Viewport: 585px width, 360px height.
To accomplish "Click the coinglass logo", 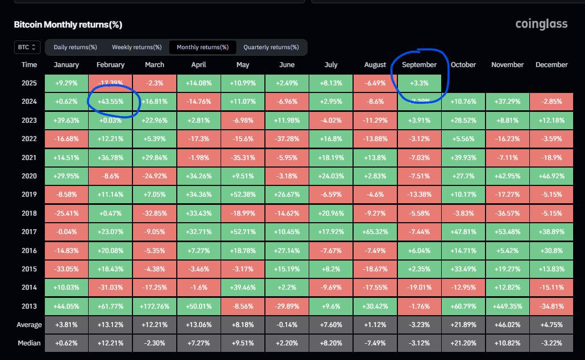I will coord(541,24).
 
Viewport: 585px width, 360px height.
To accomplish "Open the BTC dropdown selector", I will coord(26,48).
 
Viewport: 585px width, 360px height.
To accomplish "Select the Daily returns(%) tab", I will coord(75,47).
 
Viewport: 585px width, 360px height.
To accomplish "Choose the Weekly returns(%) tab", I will coord(136,47).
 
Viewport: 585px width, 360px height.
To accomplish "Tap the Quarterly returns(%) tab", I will coord(271,47).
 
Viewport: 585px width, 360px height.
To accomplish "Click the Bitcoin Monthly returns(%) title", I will coord(68,25).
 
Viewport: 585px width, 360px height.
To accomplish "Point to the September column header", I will coord(419,64).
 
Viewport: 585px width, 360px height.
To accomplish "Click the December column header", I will coord(551,64).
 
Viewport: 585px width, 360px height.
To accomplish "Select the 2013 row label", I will coord(29,306).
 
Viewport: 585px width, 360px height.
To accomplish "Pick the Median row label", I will coord(29,343).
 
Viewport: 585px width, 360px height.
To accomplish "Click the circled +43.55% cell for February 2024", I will coord(110,101).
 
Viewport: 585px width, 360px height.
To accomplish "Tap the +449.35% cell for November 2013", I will coord(507,306).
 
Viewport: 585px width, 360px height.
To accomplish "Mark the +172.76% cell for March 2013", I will coord(155,306).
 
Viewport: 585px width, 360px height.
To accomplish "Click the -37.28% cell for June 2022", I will coord(287,138).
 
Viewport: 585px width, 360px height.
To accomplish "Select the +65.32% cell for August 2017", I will coord(375,231).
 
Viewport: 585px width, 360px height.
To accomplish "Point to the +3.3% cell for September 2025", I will coord(419,83).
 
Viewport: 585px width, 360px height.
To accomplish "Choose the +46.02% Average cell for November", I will coord(507,325).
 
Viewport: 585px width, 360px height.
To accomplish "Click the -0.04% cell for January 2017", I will coord(67,231).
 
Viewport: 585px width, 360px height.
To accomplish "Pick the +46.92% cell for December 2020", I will coord(551,176).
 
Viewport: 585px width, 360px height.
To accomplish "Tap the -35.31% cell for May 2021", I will coord(243,157).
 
